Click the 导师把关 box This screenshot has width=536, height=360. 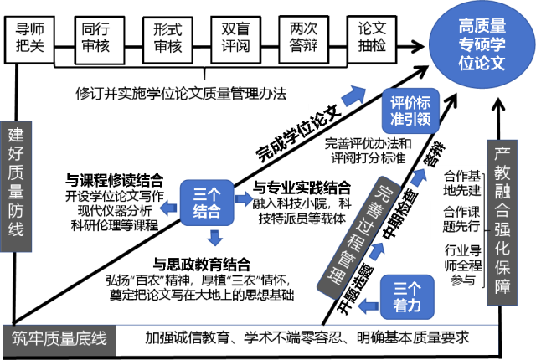(x=30, y=39)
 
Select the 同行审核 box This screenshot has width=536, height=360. (x=96, y=39)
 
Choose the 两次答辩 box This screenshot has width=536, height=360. (x=302, y=39)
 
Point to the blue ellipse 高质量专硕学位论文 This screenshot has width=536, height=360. (x=482, y=45)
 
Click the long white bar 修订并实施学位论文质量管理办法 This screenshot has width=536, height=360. (x=181, y=95)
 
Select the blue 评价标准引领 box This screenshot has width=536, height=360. (x=410, y=111)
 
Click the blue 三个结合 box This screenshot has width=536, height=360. (x=207, y=202)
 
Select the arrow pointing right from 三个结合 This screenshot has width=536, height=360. (x=245, y=199)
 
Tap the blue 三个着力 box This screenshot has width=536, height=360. (x=407, y=296)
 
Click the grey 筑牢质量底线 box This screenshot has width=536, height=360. (x=59, y=339)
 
